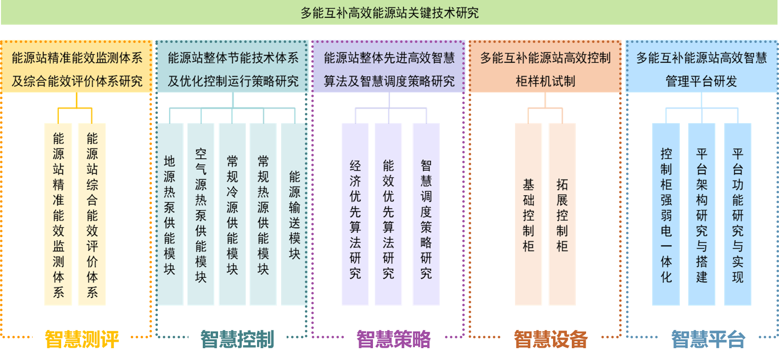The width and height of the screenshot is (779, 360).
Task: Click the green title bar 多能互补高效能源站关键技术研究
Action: click(389, 13)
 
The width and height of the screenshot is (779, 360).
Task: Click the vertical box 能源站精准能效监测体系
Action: click(58, 215)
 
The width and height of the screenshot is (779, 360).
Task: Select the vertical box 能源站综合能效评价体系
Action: click(92, 215)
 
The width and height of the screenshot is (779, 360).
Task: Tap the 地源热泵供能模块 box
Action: click(170, 215)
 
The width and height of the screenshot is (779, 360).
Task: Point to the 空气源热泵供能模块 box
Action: click(201, 215)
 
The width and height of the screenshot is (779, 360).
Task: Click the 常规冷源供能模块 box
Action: click(232, 215)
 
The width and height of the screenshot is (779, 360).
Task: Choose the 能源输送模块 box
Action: click(294, 215)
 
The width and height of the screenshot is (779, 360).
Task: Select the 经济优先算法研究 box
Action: click(355, 215)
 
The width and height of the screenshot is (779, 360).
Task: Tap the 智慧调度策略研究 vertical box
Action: click(426, 215)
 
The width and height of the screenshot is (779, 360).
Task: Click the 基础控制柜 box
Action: click(528, 215)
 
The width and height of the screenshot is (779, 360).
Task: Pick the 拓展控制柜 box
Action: click(562, 215)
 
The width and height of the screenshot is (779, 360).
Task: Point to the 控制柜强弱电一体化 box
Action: click(666, 215)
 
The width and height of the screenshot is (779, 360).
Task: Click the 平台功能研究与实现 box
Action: click(738, 215)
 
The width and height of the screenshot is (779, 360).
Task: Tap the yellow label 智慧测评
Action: click(82, 339)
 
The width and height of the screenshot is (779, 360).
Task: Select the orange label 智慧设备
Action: click(551, 339)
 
